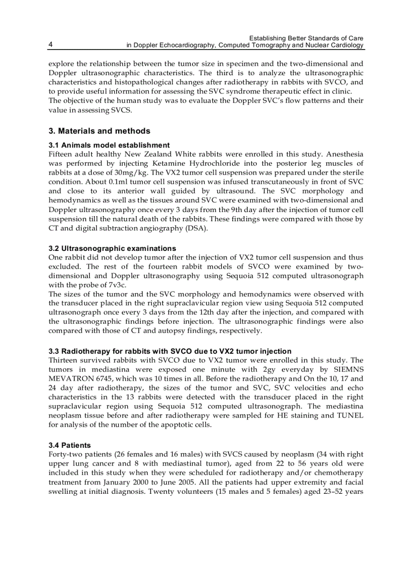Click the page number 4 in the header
point(50,45)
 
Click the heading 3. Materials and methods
point(99,131)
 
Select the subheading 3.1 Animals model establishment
point(109,145)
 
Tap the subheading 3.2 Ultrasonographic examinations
point(112,248)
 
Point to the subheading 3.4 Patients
point(70,445)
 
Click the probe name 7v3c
point(114,285)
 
